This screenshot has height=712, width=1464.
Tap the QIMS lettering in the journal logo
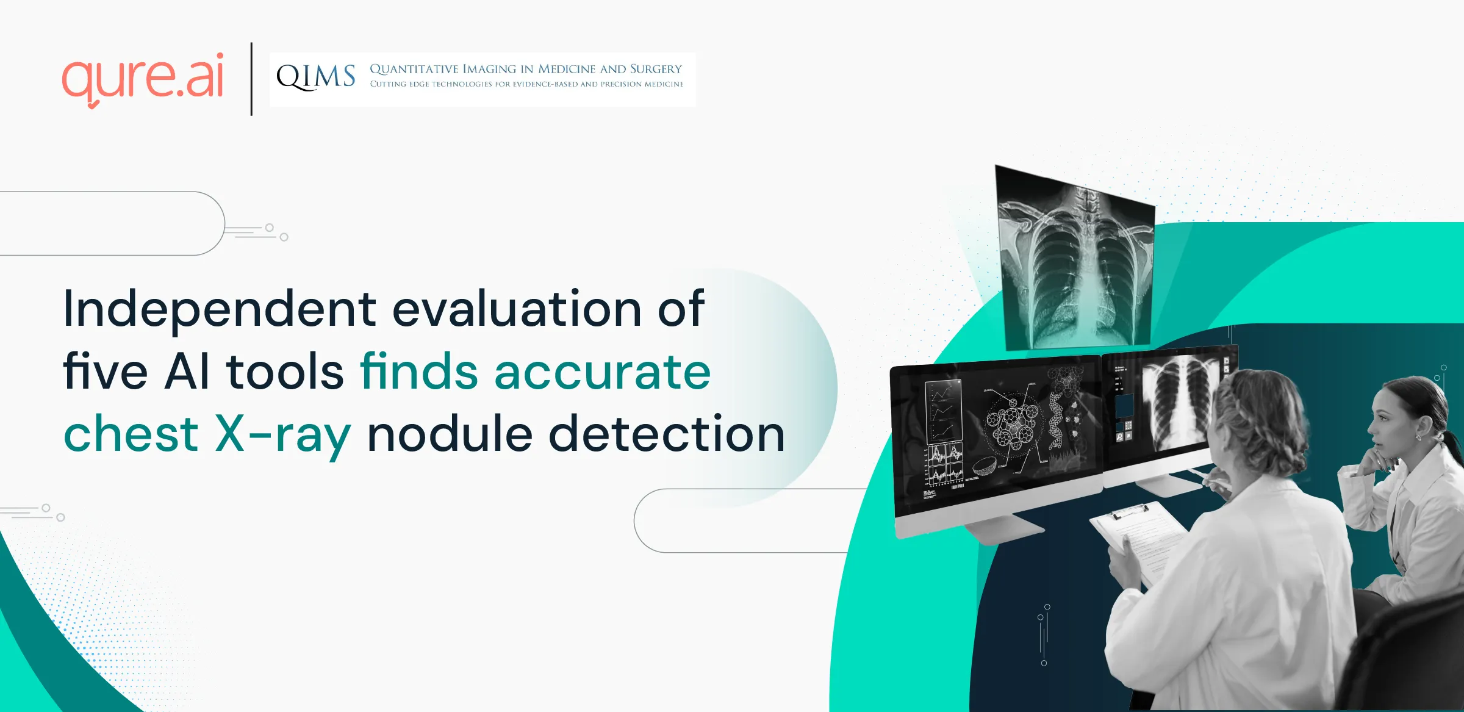point(315,77)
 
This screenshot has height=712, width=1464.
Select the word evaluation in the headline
point(517,308)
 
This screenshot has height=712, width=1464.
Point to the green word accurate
point(603,372)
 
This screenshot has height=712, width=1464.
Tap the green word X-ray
point(283,436)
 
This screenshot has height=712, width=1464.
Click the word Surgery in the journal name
point(656,69)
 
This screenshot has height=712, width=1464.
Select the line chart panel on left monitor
point(943,411)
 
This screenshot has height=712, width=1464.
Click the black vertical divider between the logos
point(251,79)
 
